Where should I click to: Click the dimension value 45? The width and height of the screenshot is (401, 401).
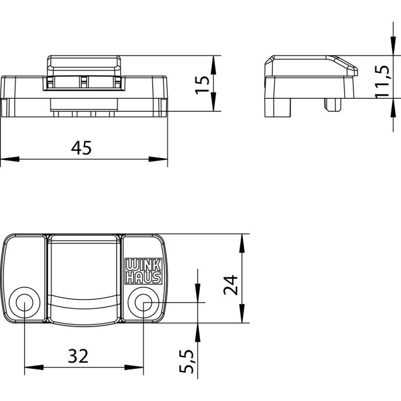(81, 148)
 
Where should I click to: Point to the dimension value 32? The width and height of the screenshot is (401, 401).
(78, 356)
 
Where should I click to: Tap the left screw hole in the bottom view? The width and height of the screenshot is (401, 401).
(25, 303)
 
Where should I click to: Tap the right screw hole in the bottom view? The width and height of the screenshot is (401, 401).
(143, 303)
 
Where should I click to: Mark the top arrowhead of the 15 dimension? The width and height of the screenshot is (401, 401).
(214, 64)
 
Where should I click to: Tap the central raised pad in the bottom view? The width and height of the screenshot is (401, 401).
(84, 278)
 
